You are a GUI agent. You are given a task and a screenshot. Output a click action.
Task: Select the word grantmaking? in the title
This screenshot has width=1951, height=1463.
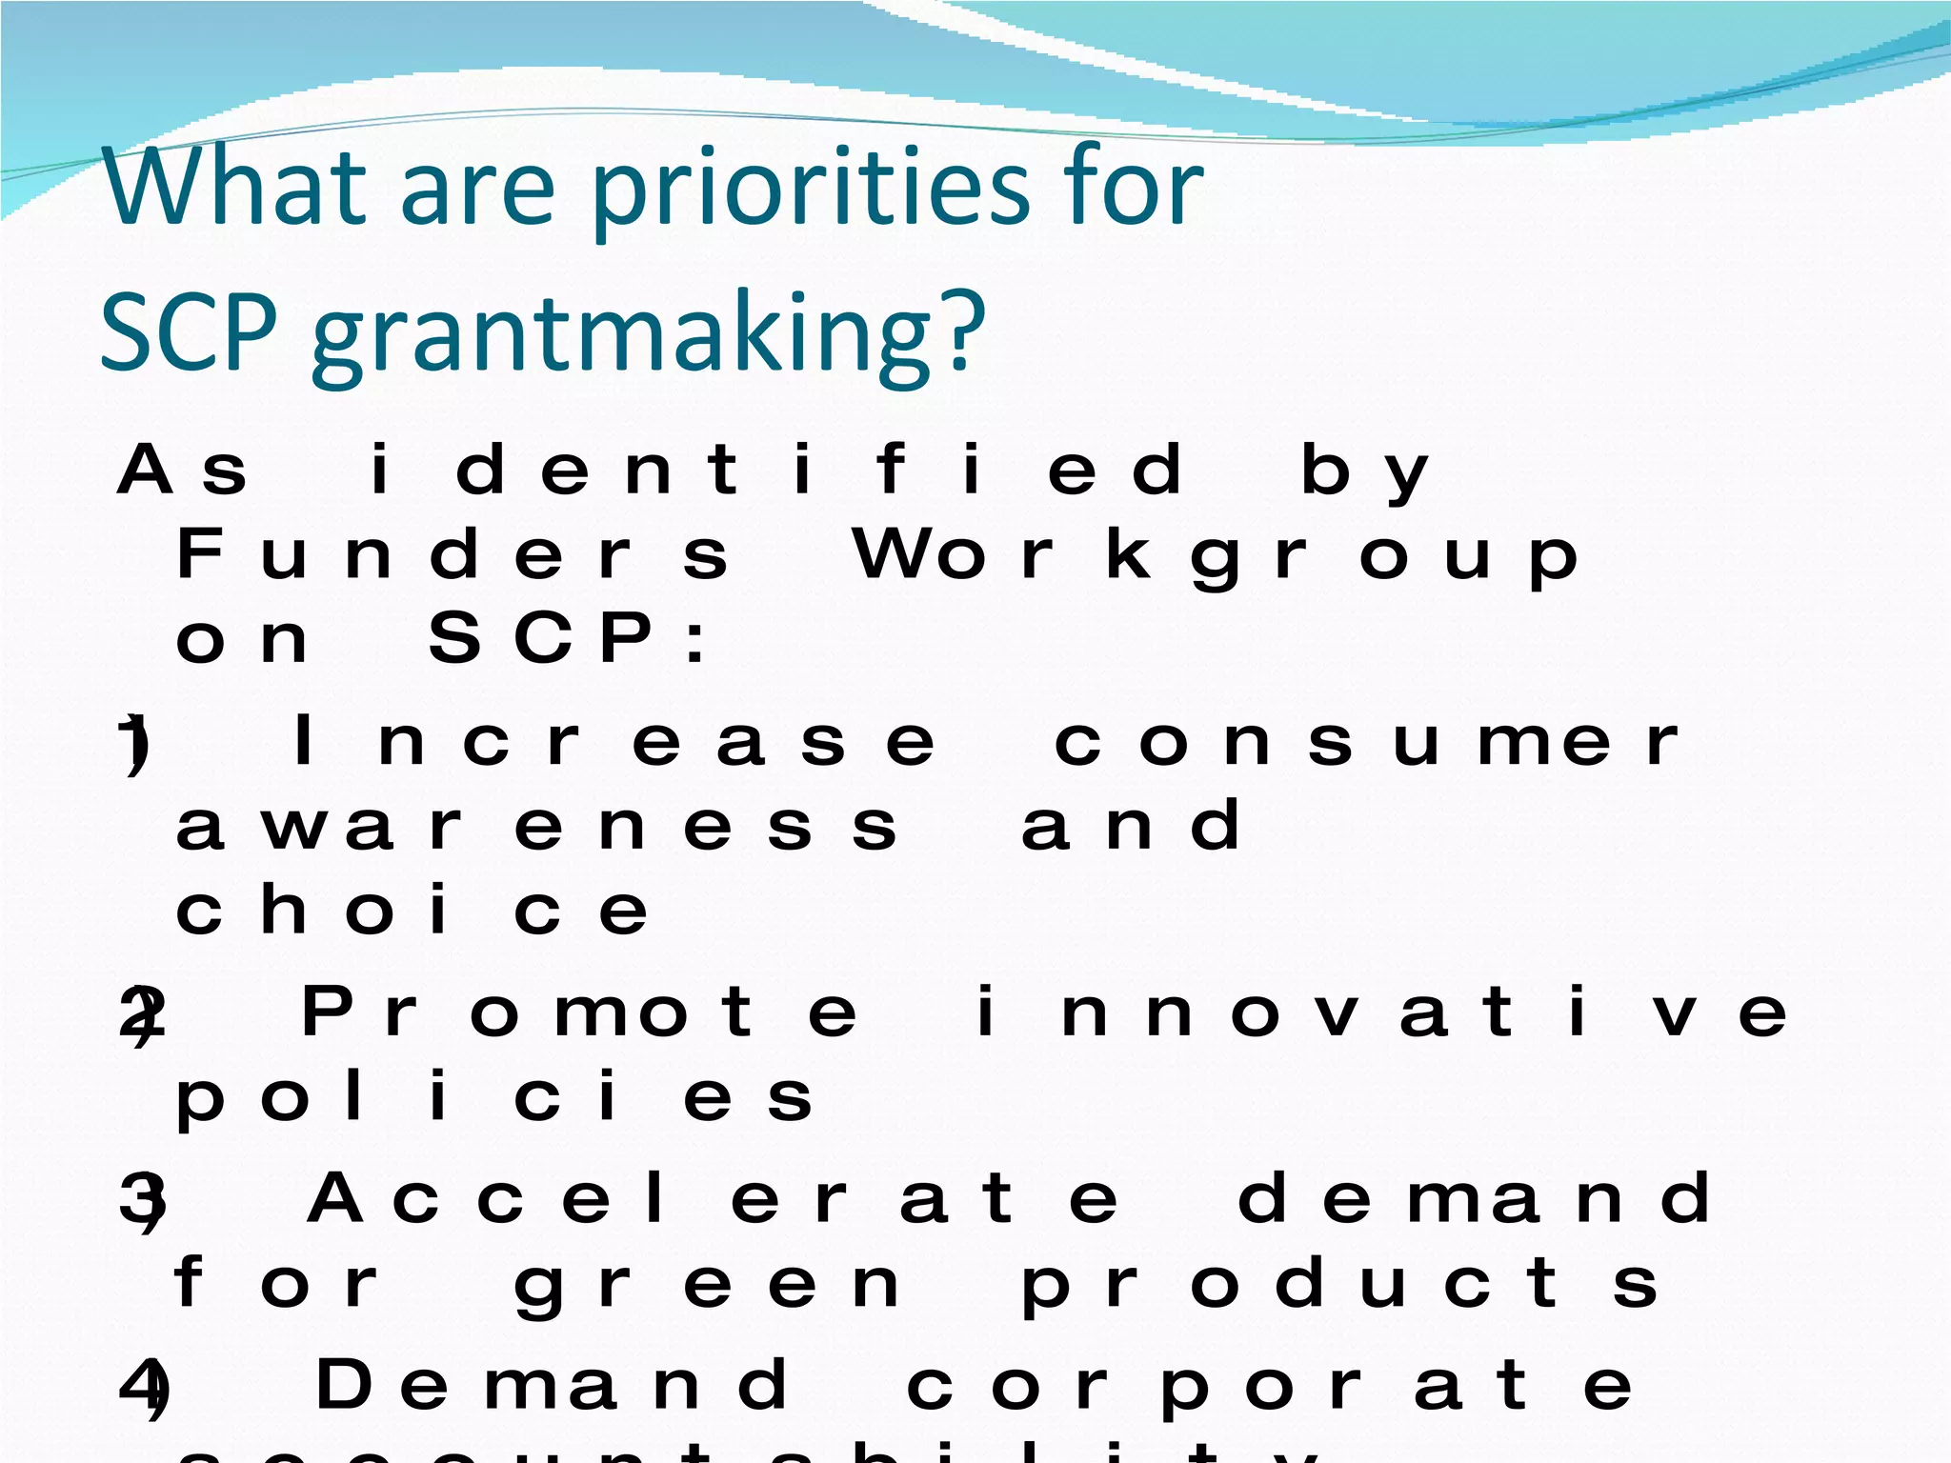point(648,333)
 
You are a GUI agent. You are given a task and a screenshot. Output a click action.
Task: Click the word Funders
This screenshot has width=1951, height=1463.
point(453,554)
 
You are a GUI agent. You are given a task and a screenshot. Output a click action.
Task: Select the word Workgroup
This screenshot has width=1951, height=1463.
point(1215,554)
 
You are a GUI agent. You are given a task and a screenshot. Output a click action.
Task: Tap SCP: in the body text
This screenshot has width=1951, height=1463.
point(567,638)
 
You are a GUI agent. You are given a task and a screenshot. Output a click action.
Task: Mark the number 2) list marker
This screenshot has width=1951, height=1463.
point(141,1015)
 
